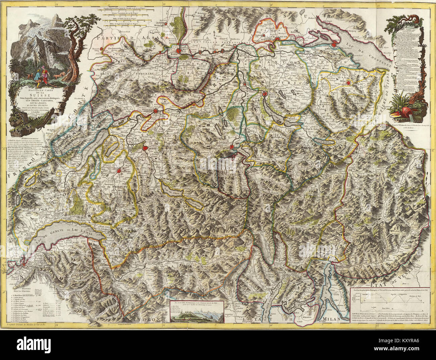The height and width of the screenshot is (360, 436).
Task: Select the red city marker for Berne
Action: [145, 148]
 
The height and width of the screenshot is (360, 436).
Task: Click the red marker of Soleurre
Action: [164, 113]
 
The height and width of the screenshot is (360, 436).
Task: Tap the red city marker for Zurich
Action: [265, 94]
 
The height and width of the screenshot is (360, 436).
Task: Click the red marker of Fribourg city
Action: [119, 171]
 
